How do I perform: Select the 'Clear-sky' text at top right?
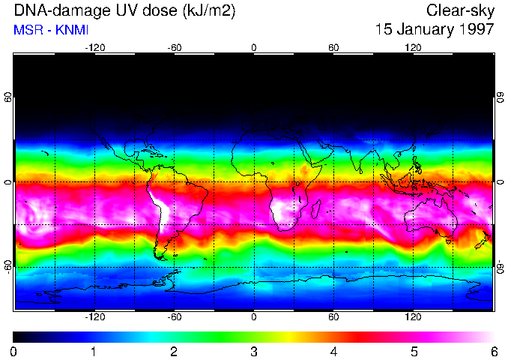point(460,10)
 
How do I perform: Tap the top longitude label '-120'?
point(94,48)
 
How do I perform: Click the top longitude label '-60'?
point(174,48)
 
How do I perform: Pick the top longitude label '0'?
point(254,48)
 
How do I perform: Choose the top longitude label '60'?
point(333,48)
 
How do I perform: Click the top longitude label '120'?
point(413,48)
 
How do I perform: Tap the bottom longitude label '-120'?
point(94,317)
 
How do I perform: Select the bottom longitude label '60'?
point(333,317)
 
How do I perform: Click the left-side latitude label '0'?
point(7,182)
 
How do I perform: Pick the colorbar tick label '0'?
point(14,351)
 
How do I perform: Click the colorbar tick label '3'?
point(254,351)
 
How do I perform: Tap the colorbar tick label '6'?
point(493,351)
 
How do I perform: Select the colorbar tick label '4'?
point(333,351)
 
